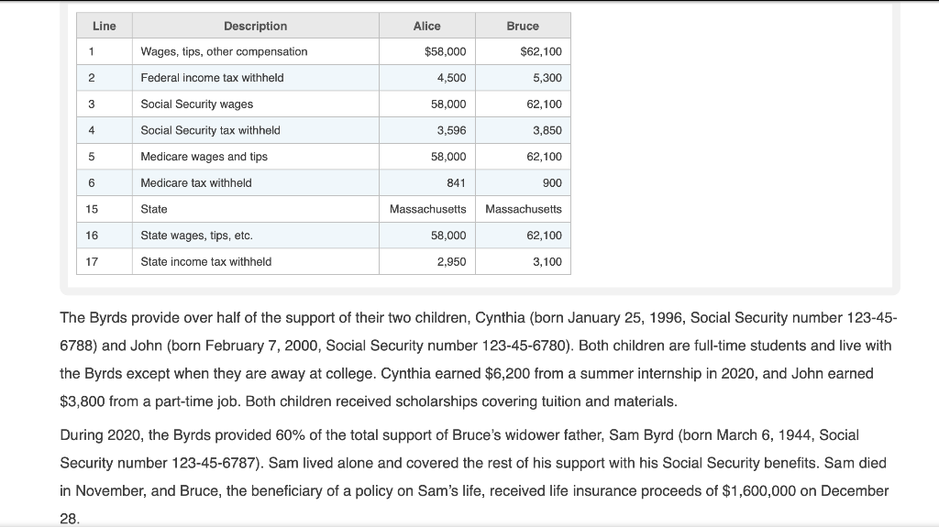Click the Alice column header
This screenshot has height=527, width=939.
point(426,26)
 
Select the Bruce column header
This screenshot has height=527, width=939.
point(523,26)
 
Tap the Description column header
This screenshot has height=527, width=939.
point(255,26)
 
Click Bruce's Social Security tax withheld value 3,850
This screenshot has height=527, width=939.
point(547,130)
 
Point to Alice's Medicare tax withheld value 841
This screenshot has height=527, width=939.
point(456,182)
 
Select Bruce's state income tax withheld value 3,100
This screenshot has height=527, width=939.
point(547,261)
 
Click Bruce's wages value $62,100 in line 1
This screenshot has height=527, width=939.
point(540,51)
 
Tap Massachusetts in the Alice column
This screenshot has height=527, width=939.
point(427,209)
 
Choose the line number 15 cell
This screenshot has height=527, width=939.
point(92,209)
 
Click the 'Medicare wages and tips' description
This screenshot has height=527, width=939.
point(204,157)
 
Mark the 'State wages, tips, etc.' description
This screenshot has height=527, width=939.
point(196,236)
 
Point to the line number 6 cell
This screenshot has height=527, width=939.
point(92,182)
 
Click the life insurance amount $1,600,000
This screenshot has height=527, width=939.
point(763,490)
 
